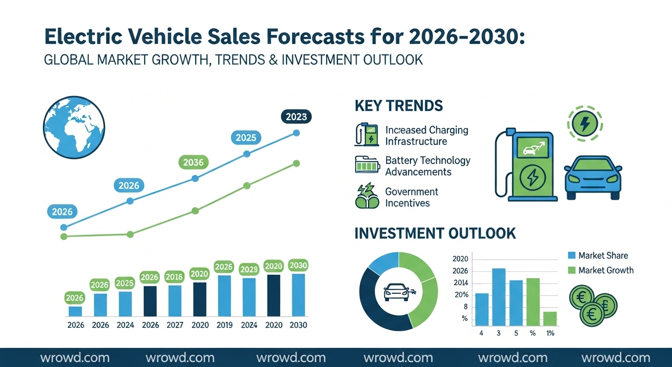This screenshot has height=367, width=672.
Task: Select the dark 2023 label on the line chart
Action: point(296,116)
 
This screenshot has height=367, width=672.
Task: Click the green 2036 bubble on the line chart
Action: point(193,162)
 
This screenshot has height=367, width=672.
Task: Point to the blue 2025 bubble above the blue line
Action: point(246,138)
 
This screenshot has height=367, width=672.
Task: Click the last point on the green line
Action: point(296,163)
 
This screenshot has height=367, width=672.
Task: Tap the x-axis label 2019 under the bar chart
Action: point(224,325)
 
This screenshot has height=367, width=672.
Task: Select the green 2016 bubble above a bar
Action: point(174,277)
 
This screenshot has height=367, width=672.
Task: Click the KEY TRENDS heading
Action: point(399,106)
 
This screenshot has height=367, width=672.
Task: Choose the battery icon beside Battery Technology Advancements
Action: point(366,164)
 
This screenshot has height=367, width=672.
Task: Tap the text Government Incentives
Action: point(411,197)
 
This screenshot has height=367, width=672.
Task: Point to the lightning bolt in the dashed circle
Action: point(585,124)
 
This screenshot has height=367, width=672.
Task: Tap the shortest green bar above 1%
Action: point(550,318)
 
